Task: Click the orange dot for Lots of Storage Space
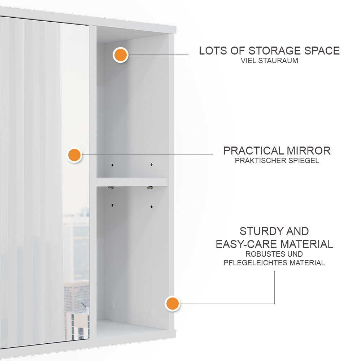(120, 55)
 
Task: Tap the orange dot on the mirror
(75, 155)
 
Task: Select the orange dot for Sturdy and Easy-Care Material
(172, 304)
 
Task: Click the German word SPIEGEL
(304, 161)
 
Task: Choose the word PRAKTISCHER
(261, 161)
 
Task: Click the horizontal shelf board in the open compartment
(132, 182)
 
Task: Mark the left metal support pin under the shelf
(112, 187)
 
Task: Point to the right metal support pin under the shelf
(150, 187)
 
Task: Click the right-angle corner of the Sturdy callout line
(275, 304)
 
